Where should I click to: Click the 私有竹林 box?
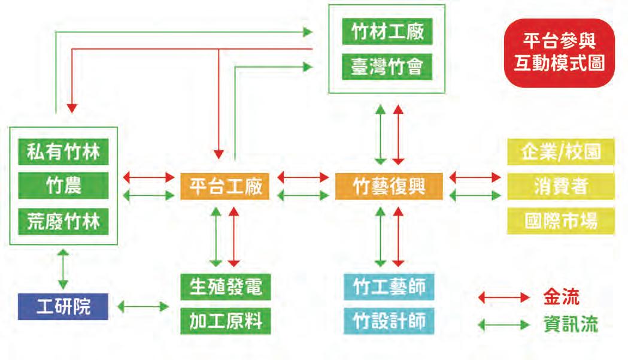click(63, 152)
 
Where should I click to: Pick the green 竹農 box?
click(63, 186)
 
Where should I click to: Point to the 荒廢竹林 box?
click(63, 222)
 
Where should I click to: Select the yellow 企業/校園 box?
click(552, 152)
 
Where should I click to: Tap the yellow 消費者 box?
click(552, 186)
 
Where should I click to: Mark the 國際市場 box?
click(552, 222)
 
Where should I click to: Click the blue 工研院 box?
click(63, 307)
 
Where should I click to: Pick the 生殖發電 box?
click(225, 287)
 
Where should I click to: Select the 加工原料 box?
click(225, 322)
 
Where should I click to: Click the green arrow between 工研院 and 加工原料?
click(144, 307)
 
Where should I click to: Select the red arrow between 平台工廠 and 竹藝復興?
click(303, 178)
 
